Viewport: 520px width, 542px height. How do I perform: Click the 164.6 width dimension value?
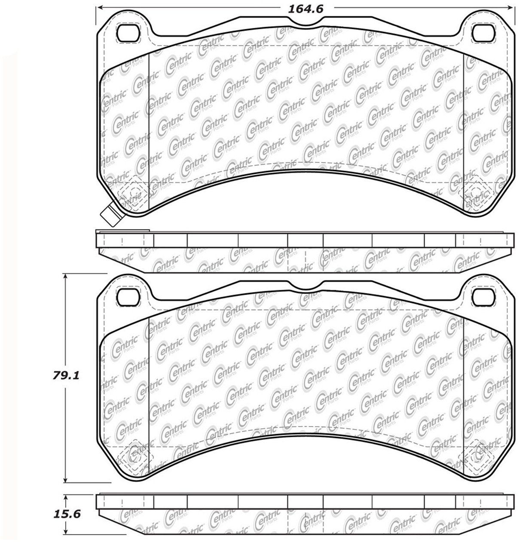coord(306,9)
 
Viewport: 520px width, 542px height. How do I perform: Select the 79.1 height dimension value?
coord(66,376)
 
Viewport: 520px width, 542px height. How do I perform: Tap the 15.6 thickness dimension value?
coord(67,513)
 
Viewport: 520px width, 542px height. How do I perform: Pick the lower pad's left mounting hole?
coord(128,297)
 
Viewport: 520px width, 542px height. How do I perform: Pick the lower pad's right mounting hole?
coord(483,297)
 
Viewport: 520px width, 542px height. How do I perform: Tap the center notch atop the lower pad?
coord(306,286)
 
